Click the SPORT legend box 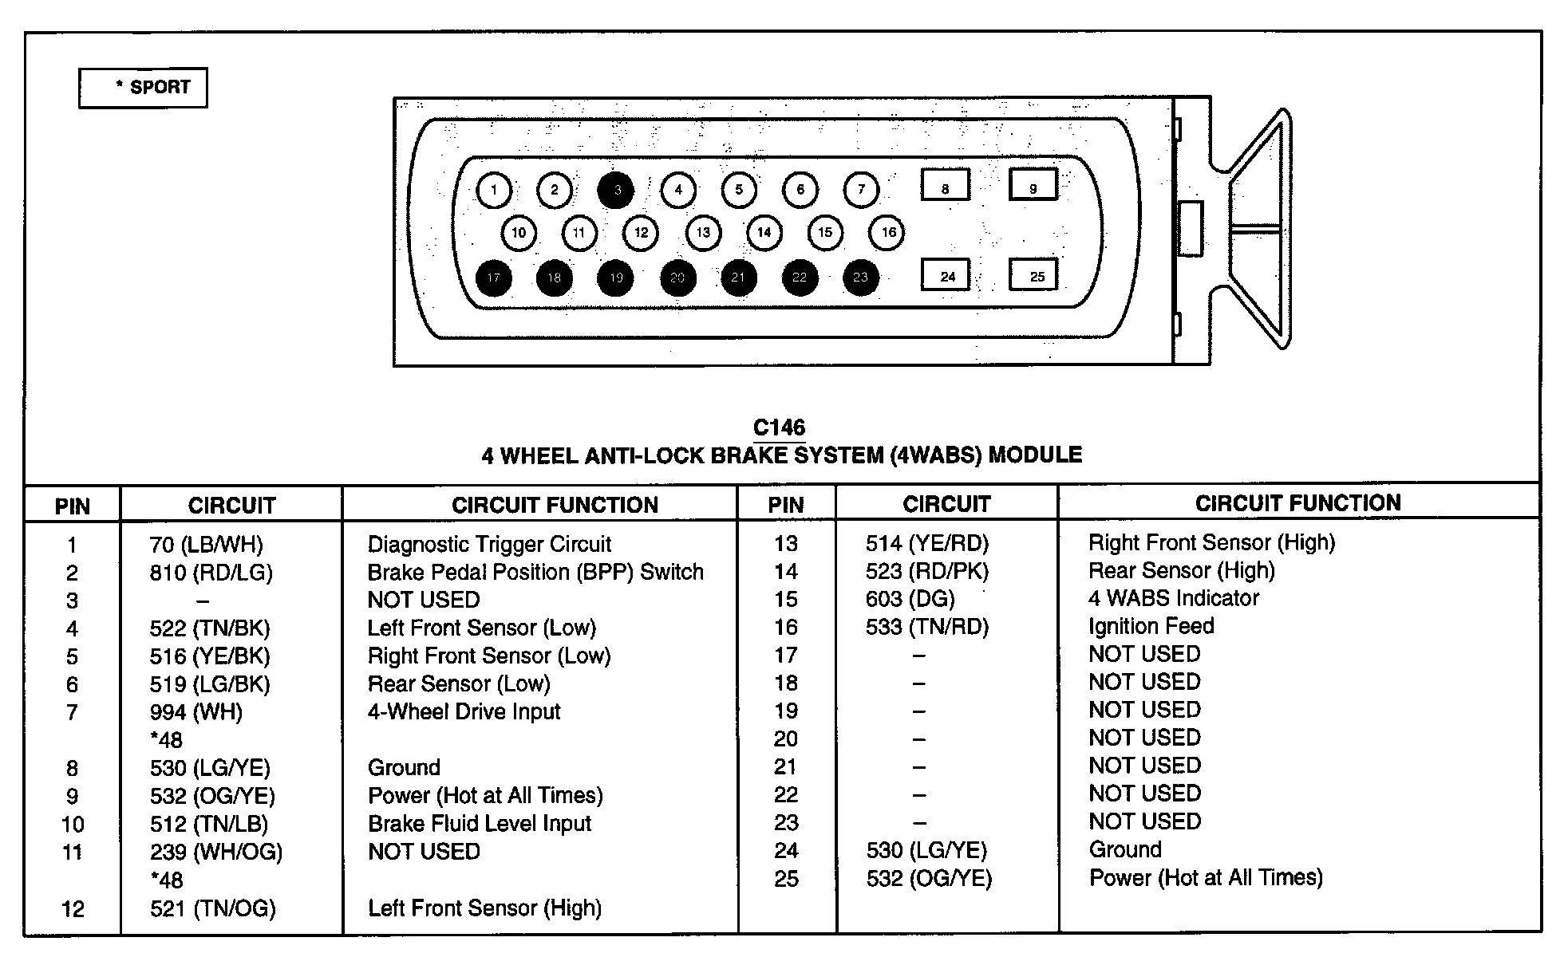[x=143, y=88]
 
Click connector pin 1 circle [x=494, y=190]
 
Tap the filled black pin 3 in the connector [x=616, y=190]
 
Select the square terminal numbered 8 [x=946, y=185]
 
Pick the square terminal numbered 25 [x=1033, y=275]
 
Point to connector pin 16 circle [x=887, y=233]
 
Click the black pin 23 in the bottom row [x=860, y=278]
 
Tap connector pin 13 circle [x=703, y=233]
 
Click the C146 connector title [x=780, y=427]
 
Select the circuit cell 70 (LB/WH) [x=206, y=545]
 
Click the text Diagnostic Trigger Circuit [x=489, y=545]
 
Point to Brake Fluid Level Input [x=480, y=824]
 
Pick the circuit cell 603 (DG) [x=910, y=599]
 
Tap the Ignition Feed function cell [x=1151, y=626]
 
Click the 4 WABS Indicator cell [x=1173, y=598]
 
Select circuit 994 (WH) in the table [x=196, y=712]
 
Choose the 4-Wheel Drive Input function [x=464, y=711]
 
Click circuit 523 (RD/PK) [x=926, y=571]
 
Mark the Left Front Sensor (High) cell [x=484, y=908]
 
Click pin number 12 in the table [x=73, y=909]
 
